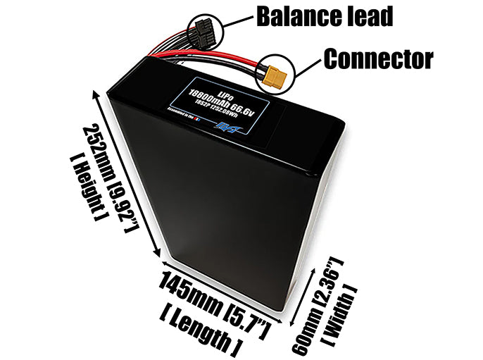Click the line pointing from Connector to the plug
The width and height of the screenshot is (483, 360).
[x=303, y=65]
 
